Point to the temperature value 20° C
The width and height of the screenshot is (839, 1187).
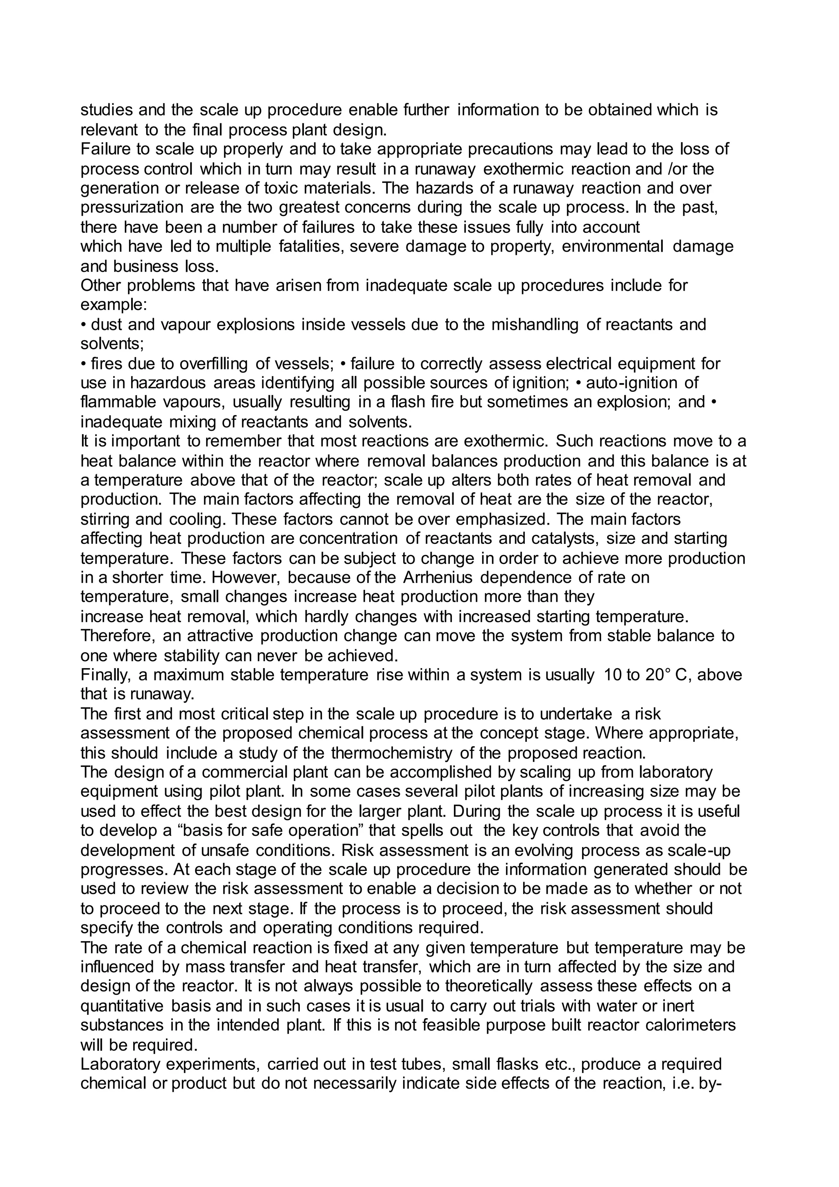click(x=665, y=675)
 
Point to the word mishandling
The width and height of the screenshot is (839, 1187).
click(x=535, y=325)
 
